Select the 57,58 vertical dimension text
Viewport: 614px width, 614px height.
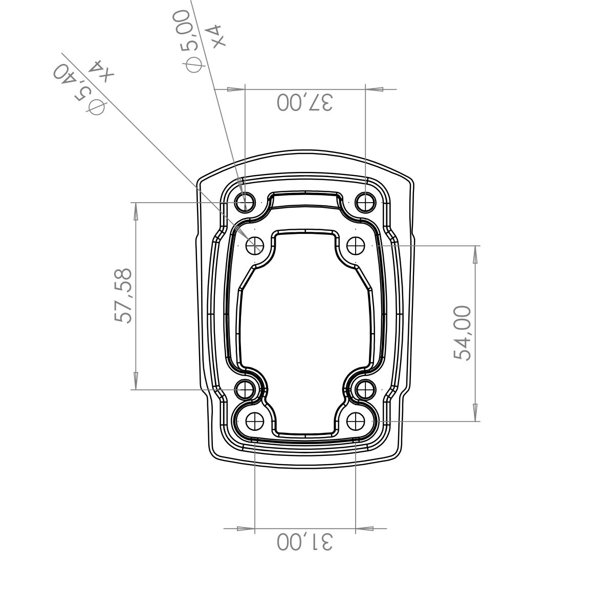point(123,296)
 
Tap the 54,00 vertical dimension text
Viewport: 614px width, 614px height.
point(462,333)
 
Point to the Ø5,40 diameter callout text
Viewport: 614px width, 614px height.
point(79,90)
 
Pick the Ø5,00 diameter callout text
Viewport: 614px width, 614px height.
point(190,41)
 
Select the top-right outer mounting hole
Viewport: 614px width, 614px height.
point(365,202)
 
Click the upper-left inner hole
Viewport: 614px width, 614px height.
point(255,246)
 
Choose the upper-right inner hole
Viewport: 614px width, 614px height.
point(356,246)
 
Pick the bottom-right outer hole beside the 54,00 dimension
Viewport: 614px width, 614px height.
point(365,390)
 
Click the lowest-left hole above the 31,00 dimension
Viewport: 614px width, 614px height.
point(255,421)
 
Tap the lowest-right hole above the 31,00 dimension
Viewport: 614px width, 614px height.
point(356,421)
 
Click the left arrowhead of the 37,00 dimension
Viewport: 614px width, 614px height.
point(236,89)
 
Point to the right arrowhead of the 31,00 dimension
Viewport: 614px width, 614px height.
point(364,529)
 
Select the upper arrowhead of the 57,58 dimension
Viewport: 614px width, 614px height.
point(136,211)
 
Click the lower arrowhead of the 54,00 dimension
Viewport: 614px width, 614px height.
point(475,412)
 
